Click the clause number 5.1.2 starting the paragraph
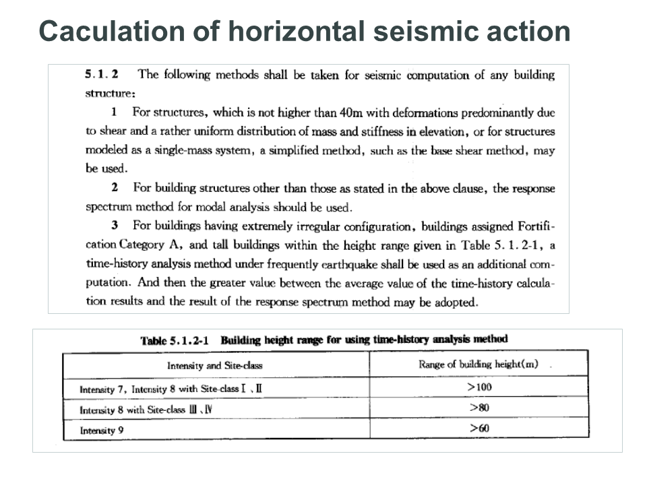102,74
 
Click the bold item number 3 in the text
115,226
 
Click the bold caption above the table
323,339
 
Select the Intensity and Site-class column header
215,366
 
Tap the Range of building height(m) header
479,364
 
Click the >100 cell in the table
479,387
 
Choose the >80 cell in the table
479,408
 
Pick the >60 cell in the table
479,428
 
